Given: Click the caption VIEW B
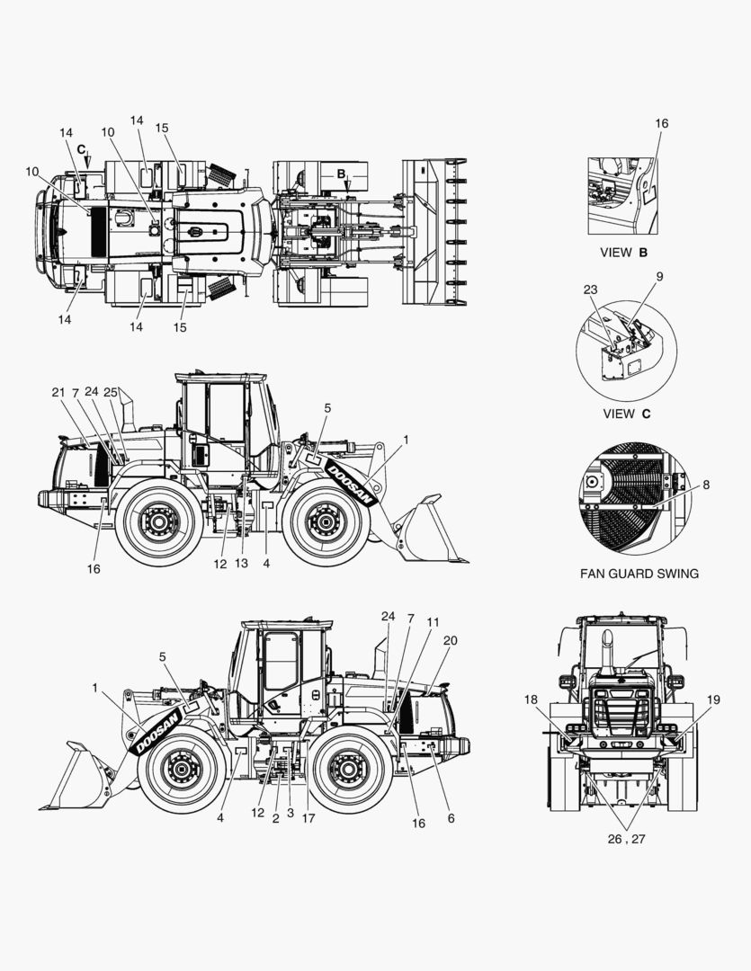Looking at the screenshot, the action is [x=623, y=253].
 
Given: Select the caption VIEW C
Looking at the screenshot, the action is [x=627, y=414].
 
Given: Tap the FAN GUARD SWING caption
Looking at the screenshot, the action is [x=639, y=574].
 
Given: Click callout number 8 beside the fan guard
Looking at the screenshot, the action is [x=706, y=485].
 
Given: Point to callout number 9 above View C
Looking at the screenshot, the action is [x=659, y=276].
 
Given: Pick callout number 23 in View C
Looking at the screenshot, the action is [x=590, y=290].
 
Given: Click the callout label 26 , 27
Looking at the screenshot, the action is [x=626, y=839].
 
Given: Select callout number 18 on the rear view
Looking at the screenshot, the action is [x=531, y=699].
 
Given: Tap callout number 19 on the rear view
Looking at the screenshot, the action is [x=713, y=699].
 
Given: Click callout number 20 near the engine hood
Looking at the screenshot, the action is [x=451, y=640].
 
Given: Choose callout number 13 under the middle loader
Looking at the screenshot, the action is [x=240, y=564].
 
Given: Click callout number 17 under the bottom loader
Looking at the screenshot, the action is [x=308, y=818].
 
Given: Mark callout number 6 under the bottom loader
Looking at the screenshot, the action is [x=451, y=818].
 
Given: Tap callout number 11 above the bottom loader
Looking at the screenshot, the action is [x=433, y=622].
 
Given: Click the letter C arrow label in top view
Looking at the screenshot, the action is [x=81, y=149].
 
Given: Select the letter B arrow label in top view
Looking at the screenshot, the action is [x=341, y=174].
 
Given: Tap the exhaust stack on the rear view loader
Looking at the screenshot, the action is [x=608, y=654].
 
